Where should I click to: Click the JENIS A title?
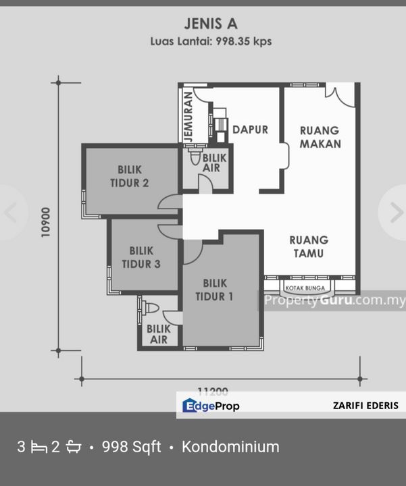211,24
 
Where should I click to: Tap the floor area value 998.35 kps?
243,41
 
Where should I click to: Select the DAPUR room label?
251,130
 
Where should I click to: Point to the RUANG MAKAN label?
320,137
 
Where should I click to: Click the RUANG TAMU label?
309,247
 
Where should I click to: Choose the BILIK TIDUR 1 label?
215,290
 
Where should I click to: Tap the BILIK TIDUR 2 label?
130,176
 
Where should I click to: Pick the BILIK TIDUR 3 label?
141,258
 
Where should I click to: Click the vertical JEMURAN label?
188,117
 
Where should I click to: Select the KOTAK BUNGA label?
305,288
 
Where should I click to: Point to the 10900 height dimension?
45,223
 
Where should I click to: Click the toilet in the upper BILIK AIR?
195,157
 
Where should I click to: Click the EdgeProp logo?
211,406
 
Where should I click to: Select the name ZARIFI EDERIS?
365,406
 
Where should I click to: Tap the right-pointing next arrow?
397,213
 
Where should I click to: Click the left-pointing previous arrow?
10,213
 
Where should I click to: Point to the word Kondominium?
230,447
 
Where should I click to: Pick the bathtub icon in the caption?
74,447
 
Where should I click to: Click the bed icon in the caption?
39,448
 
